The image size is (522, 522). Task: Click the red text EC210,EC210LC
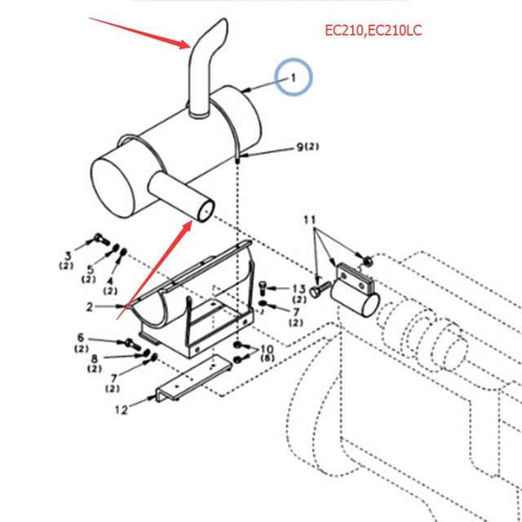click(373, 32)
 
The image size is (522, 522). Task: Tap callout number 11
click(309, 220)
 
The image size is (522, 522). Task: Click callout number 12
click(122, 410)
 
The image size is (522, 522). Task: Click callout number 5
click(90, 270)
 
